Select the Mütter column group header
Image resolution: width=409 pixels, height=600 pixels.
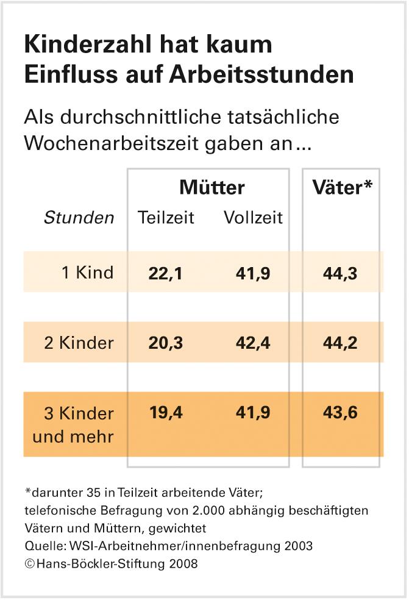212,188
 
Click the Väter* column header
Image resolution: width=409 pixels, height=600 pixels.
341,188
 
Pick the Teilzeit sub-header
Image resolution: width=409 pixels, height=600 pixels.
166,217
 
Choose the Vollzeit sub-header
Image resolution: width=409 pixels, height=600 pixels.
253,217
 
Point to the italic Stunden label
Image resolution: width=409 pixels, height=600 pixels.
79,218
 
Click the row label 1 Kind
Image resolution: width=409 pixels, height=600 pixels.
87,272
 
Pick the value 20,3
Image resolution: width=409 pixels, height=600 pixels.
165,343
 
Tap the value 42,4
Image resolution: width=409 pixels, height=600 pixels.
253,343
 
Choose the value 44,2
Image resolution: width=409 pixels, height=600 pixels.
340,343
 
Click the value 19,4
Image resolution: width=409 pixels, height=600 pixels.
165,413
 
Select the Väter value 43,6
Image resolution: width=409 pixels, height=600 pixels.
340,413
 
